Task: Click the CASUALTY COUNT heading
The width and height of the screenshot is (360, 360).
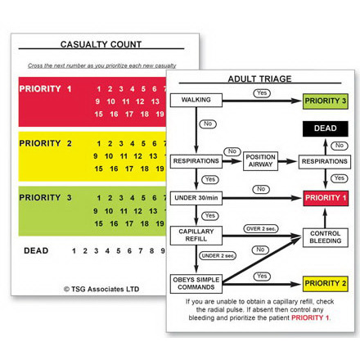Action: (101, 44)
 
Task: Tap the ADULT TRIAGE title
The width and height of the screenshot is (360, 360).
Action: (259, 79)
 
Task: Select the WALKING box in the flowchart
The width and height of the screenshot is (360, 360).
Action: (196, 101)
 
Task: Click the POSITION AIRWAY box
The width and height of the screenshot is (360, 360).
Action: (259, 161)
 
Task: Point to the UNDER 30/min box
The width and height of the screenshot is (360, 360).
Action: (196, 197)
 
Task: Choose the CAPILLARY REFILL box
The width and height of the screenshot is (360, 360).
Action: (196, 236)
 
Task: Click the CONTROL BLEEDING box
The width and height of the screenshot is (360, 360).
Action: (325, 237)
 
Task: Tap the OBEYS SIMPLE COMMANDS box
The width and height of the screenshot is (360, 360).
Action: (196, 283)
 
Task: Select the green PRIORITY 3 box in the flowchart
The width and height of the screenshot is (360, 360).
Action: (325, 101)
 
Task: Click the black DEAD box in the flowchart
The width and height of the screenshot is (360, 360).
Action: (325, 128)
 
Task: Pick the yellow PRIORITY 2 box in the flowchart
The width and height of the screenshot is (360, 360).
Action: (325, 283)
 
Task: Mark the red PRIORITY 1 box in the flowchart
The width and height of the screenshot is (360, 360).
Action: (325, 198)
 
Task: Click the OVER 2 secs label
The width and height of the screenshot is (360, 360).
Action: (259, 228)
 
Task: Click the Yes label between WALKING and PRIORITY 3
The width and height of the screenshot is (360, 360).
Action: (261, 92)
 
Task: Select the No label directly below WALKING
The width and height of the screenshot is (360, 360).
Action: (208, 124)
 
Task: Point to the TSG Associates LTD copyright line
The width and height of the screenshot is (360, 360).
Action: (101, 288)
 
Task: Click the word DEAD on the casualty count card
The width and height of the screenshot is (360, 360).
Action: (36, 250)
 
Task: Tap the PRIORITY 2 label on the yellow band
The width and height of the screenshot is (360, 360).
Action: (46, 143)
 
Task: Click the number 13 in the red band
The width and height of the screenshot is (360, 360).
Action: (155, 101)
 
